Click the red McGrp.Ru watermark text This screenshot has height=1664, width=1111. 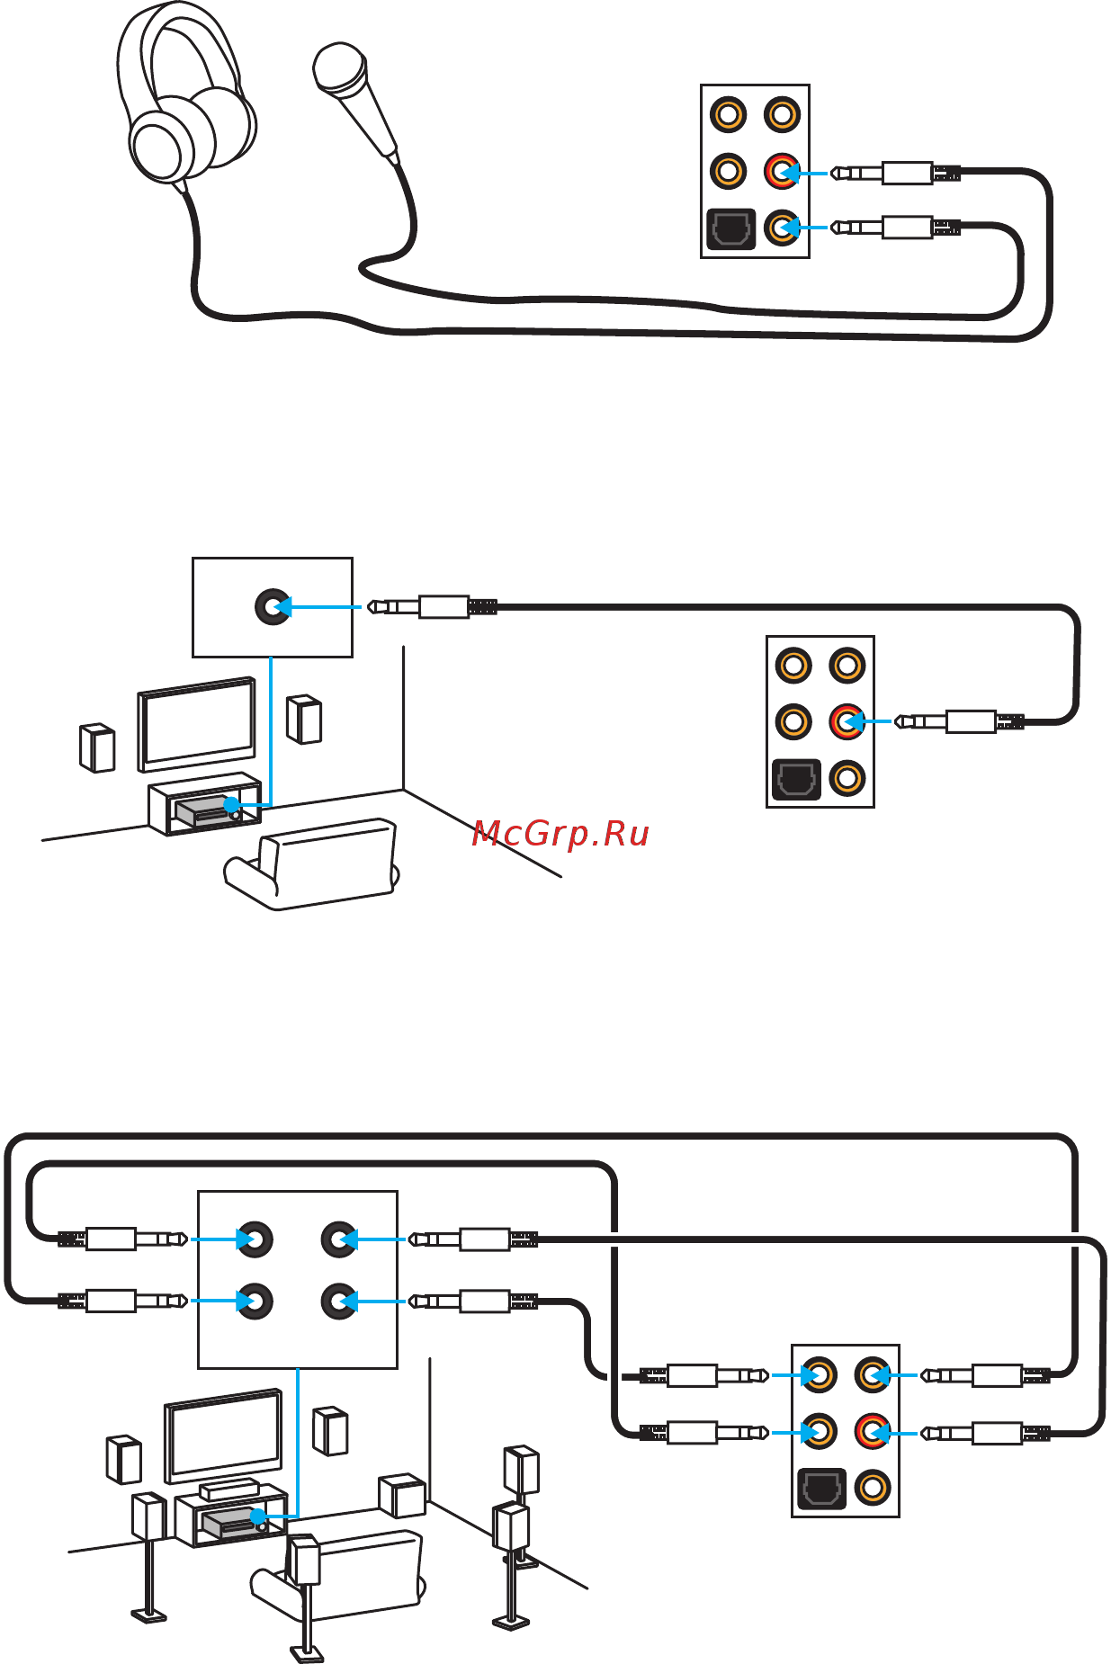click(x=560, y=834)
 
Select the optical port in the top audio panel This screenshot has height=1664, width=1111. click(x=730, y=228)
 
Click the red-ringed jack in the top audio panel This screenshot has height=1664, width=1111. click(x=782, y=171)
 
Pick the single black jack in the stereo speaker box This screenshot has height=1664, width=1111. click(x=273, y=607)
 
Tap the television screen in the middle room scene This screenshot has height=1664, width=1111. click(x=196, y=724)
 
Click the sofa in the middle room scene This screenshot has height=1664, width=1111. click(x=311, y=863)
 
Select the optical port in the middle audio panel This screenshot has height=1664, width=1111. click(x=796, y=779)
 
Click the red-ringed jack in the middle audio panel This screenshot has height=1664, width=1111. click(x=847, y=721)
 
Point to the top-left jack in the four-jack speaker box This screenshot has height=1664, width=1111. click(x=255, y=1239)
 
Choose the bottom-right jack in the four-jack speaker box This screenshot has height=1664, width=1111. click(x=339, y=1301)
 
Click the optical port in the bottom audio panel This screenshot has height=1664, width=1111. click(x=821, y=1489)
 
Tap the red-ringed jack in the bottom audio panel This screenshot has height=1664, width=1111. click(x=872, y=1431)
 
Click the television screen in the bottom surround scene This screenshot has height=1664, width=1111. click(x=223, y=1435)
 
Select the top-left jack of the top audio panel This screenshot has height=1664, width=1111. click(x=728, y=114)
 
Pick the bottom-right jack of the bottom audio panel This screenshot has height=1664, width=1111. click(x=872, y=1487)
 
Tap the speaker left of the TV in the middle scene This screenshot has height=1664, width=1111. click(x=97, y=747)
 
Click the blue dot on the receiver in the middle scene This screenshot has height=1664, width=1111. click(x=232, y=804)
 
